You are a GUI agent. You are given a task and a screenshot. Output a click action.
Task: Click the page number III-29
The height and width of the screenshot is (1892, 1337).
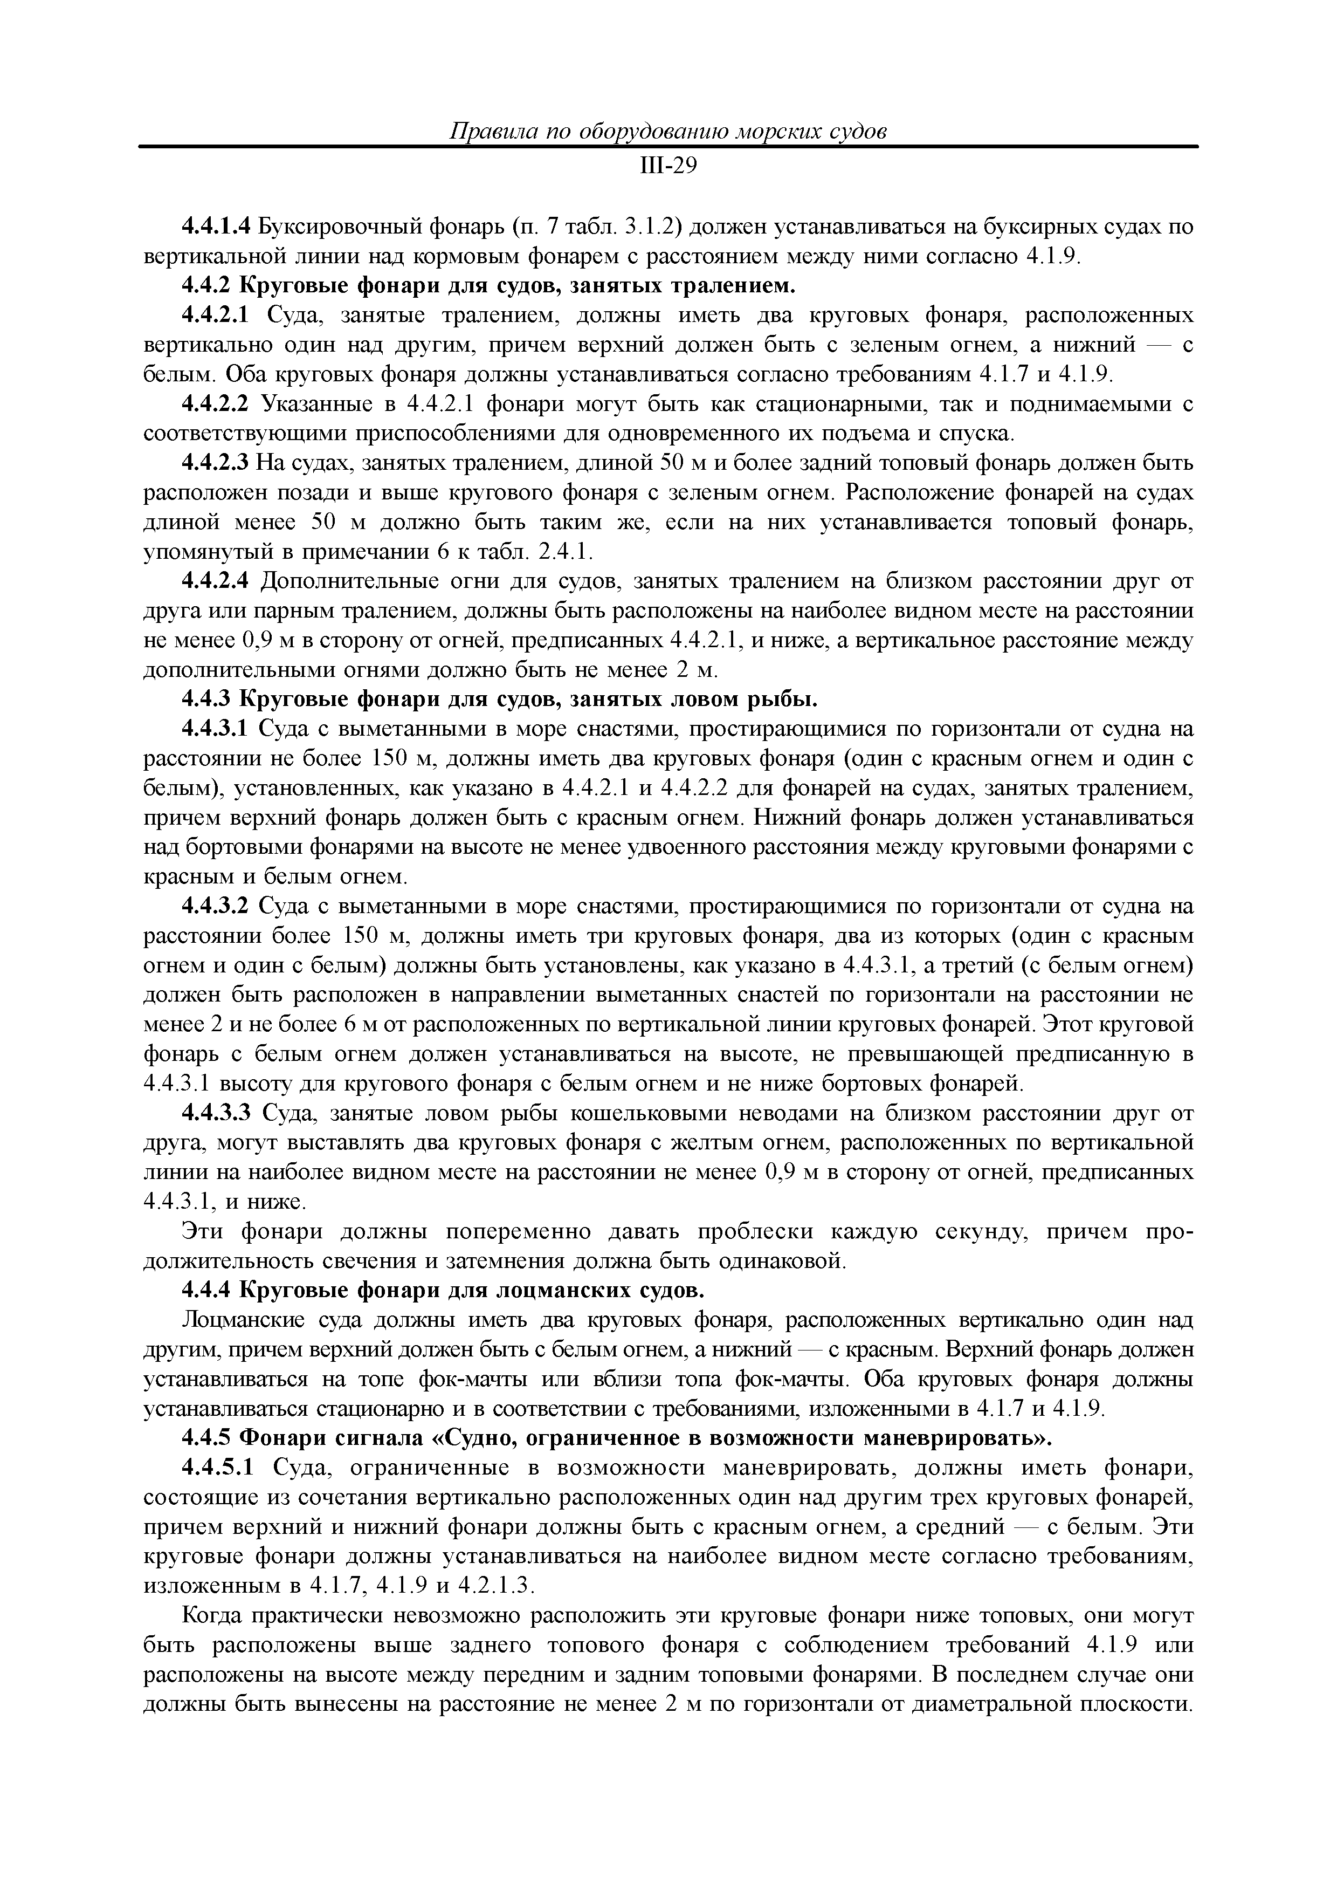click(x=668, y=167)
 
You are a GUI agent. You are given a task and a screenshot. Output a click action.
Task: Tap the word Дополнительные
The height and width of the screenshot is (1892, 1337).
click(x=337, y=582)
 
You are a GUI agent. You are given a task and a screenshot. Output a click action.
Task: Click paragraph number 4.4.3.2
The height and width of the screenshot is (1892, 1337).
click(x=215, y=907)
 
